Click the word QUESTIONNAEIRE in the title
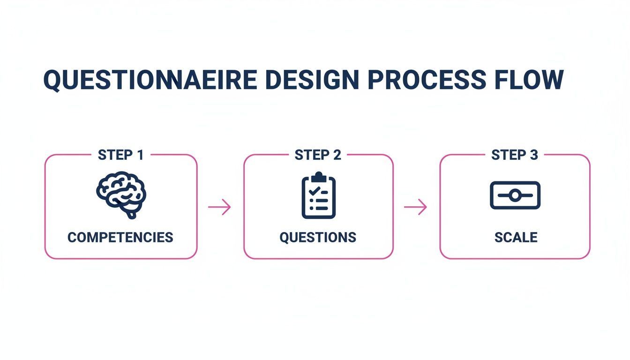tap(150, 80)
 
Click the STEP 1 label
tap(120, 155)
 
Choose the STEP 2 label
tap(317, 155)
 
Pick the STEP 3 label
tap(514, 155)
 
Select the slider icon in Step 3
tap(515, 195)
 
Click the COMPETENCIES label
tap(120, 237)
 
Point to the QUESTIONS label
tap(318, 237)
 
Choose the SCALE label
tap(516, 237)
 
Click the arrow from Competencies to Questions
tap(220, 207)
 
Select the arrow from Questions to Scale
tap(416, 207)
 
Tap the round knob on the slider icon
tap(515, 195)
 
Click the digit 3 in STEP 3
tap(533, 155)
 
